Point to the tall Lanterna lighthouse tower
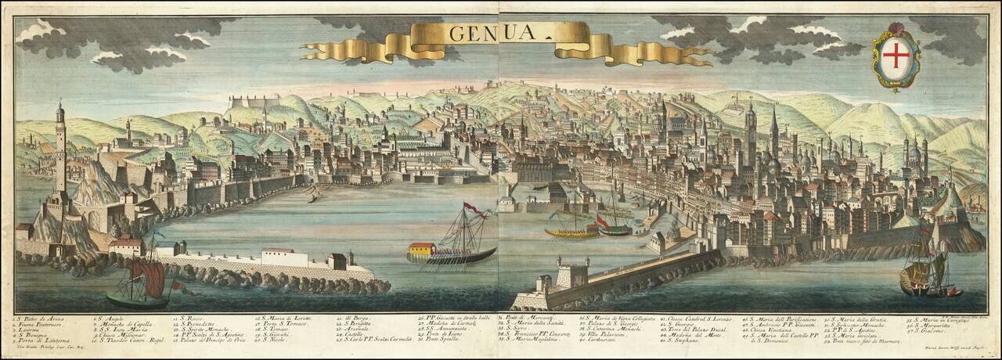point(60,149)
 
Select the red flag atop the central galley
point(472,208)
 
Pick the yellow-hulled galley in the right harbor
point(571,232)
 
